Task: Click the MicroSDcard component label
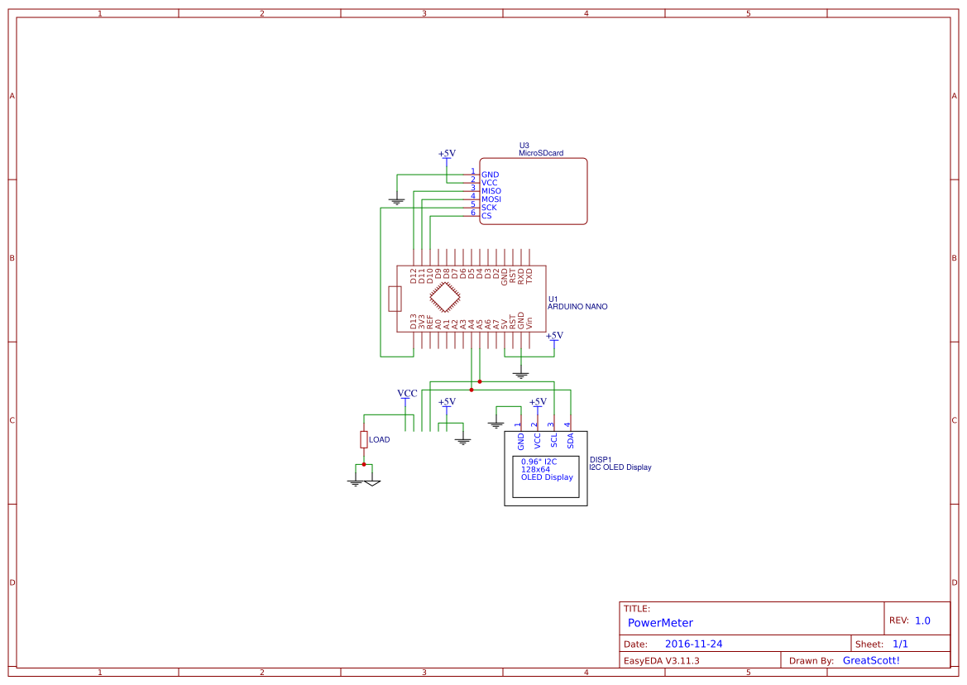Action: click(x=541, y=153)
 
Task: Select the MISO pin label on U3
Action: click(x=491, y=191)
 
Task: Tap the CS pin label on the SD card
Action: click(x=486, y=216)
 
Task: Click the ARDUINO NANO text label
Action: click(x=577, y=307)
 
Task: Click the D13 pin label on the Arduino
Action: click(x=414, y=322)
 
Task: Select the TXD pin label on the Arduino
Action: click(x=529, y=276)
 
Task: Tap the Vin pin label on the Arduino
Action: click(x=529, y=323)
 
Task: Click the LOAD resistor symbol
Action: click(x=363, y=439)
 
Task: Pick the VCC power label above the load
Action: click(x=407, y=394)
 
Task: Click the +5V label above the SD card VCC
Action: click(x=447, y=154)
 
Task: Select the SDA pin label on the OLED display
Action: click(x=571, y=440)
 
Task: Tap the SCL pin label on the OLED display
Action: click(x=554, y=440)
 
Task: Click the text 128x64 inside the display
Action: click(x=535, y=469)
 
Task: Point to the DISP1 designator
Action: click(x=601, y=459)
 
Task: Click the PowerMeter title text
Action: click(x=660, y=623)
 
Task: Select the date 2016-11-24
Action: click(x=693, y=644)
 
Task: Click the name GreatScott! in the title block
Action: click(x=870, y=660)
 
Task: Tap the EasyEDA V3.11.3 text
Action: click(x=661, y=660)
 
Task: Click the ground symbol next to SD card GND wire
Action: click(x=397, y=200)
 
